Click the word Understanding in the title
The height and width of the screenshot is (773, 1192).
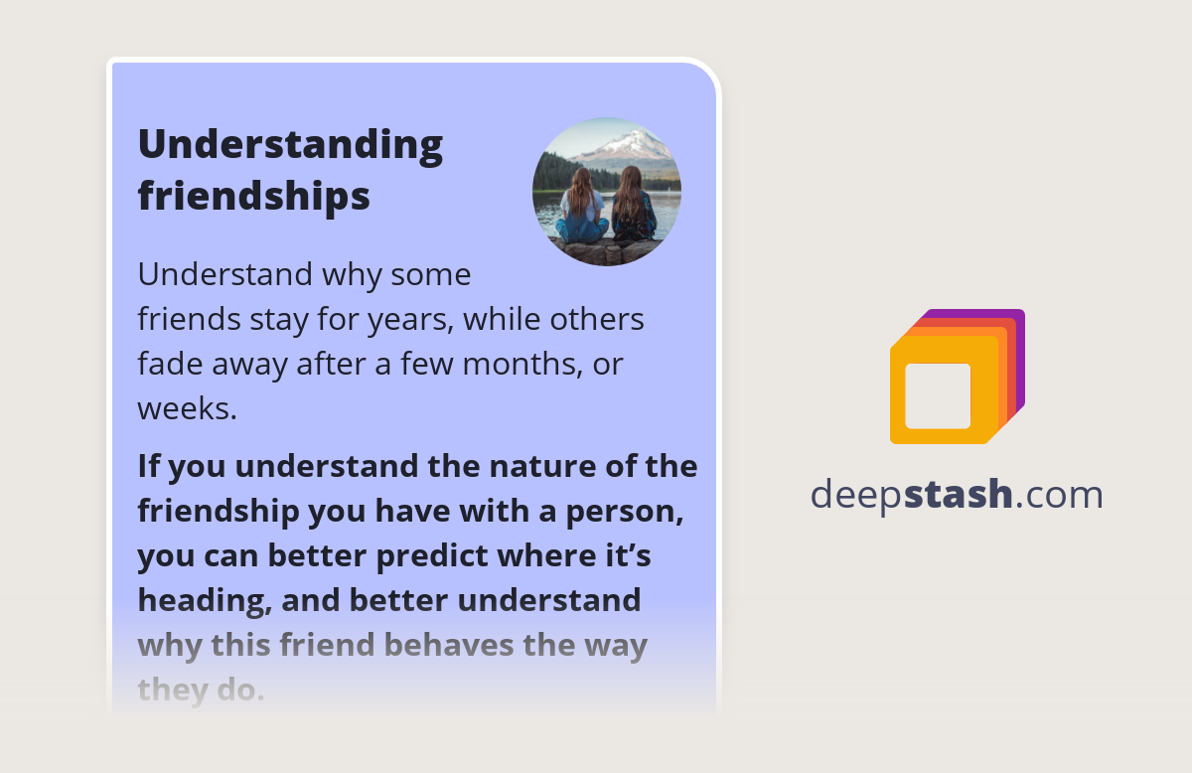coord(290,146)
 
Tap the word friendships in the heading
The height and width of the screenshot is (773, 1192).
coord(253,196)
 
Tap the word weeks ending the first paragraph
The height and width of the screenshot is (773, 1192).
coord(187,407)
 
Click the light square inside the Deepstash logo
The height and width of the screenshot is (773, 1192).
coord(938,395)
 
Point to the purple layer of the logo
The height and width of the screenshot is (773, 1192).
coord(1018,328)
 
